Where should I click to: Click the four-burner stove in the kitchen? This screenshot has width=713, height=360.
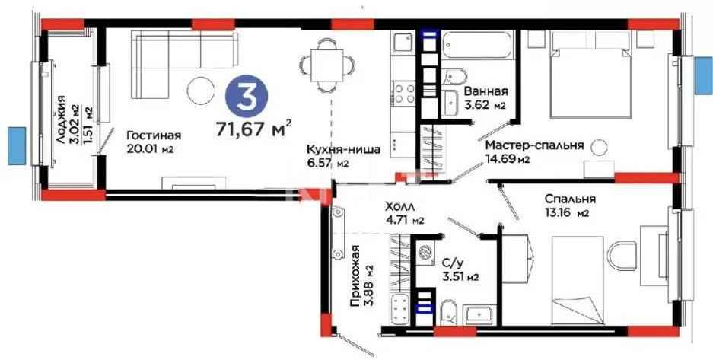coord(403,94)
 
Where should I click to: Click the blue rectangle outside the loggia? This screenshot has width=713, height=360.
coord(17,145)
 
